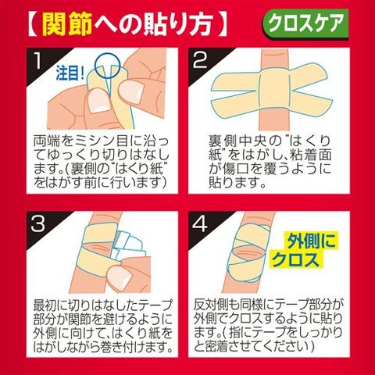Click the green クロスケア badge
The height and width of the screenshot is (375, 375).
tap(305, 24)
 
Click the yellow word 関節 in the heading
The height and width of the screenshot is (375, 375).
tap(67, 24)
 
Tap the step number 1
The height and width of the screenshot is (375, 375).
tap(37, 61)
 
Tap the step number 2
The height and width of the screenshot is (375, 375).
tap(200, 61)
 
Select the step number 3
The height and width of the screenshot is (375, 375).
tap(38, 224)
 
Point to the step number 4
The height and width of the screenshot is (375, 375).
tap(200, 224)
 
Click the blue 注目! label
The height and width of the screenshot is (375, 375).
tap(70, 73)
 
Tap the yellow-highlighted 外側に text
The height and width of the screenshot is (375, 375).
tap(311, 241)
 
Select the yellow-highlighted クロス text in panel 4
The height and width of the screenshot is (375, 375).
tap(295, 259)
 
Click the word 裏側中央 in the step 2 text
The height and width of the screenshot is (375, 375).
tap(237, 141)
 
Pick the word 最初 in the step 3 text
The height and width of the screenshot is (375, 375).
tap(47, 305)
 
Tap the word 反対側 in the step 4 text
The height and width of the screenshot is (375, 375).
tap(216, 305)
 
